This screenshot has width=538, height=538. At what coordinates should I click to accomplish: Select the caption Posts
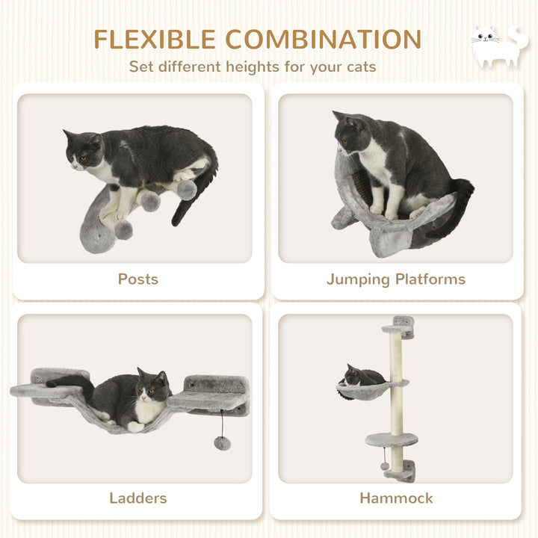pos(138,279)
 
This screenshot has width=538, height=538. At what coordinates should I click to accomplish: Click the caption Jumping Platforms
pos(395,279)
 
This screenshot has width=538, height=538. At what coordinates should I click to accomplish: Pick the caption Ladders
pos(138,498)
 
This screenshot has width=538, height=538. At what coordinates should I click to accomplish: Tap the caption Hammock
pos(396,498)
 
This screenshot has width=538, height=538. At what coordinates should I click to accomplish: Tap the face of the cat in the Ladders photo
pos(153,386)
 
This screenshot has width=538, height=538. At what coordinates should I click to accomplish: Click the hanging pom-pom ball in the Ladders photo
pos(222,442)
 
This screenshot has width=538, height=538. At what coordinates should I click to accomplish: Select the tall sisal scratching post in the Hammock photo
pos(396,389)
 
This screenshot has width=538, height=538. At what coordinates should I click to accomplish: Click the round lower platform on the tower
pos(392,439)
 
